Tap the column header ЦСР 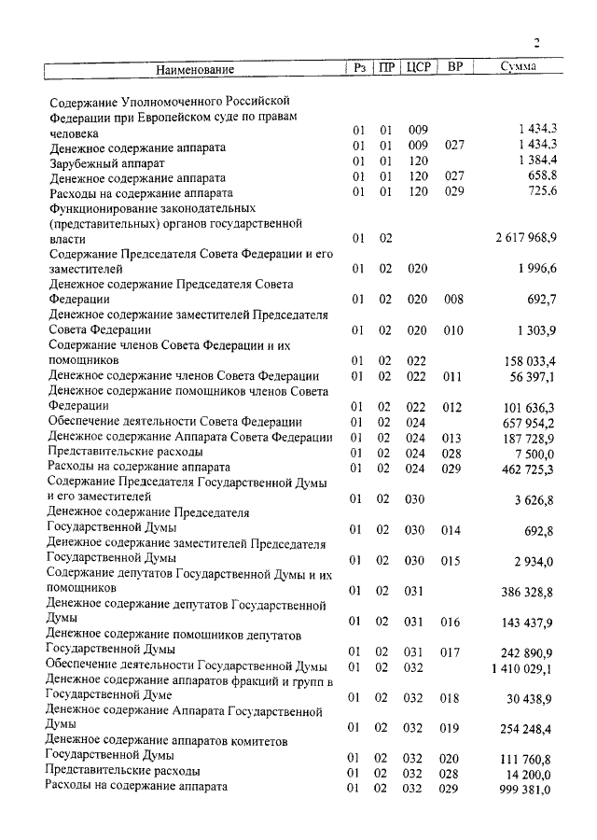pyautogui.click(x=418, y=67)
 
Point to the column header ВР pyautogui.click(x=454, y=67)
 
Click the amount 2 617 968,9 pyautogui.click(x=526, y=239)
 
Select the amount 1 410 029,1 pyautogui.click(x=526, y=668)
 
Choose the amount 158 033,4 pyautogui.click(x=530, y=360)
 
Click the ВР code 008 pyautogui.click(x=453, y=300)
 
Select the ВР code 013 pyautogui.click(x=453, y=438)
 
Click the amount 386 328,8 pyautogui.click(x=530, y=592)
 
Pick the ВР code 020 pyautogui.click(x=453, y=759)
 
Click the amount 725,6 pyautogui.click(x=542, y=192)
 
